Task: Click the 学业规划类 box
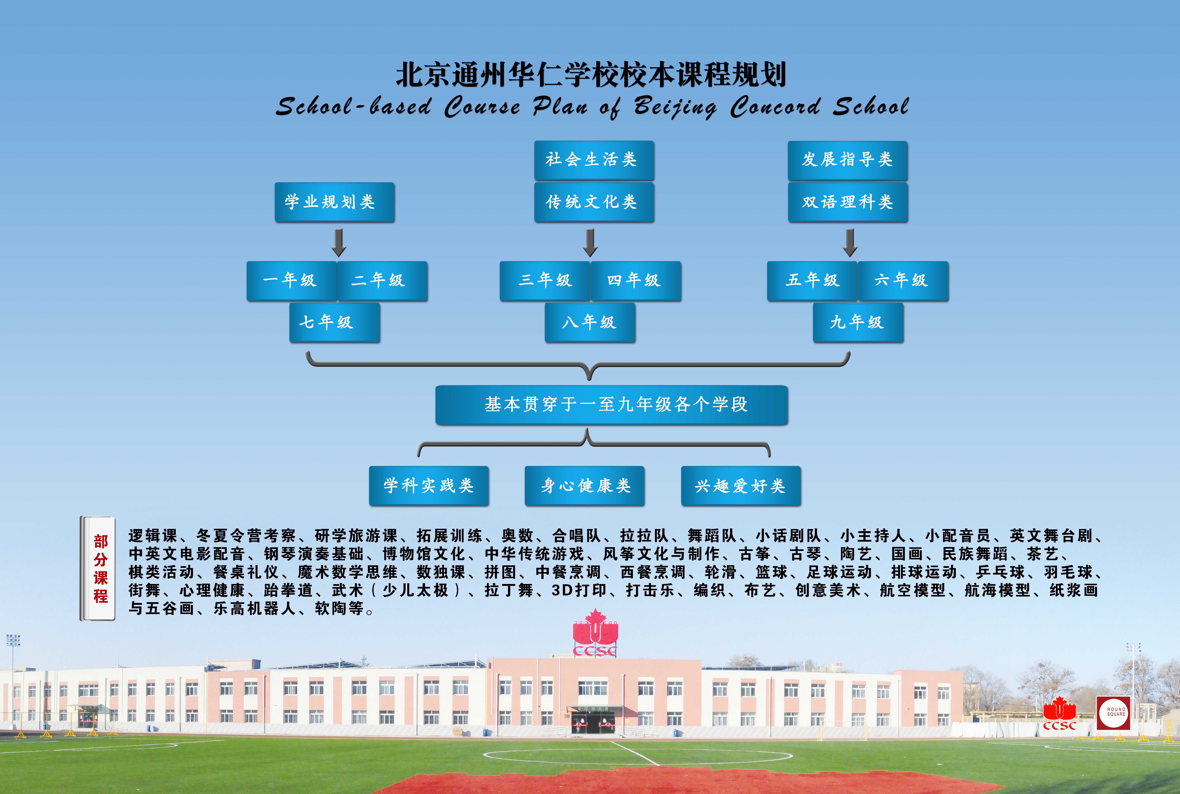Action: click(334, 202)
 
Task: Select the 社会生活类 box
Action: click(594, 160)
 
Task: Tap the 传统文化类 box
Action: click(594, 202)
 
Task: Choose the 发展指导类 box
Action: click(847, 160)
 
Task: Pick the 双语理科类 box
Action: click(848, 202)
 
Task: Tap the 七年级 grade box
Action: click(335, 323)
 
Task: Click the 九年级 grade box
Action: click(858, 323)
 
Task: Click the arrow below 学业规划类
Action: click(339, 243)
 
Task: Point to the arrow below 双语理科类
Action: click(850, 243)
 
